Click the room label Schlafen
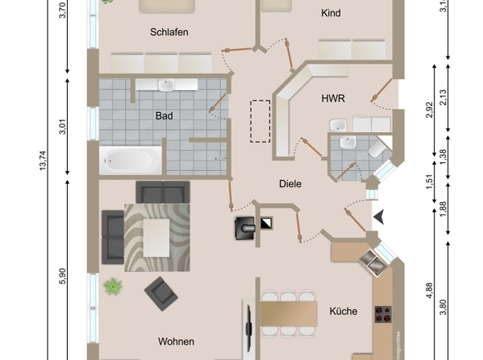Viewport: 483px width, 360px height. tap(169, 33)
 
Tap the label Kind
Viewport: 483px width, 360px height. tap(331, 13)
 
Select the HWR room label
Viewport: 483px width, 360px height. tap(333, 98)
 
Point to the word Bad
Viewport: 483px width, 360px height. tap(164, 116)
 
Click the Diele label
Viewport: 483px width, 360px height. tap(290, 184)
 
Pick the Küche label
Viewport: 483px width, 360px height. tap(344, 312)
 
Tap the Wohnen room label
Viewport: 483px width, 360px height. tap(176, 340)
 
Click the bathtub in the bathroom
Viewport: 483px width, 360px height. tap(130, 159)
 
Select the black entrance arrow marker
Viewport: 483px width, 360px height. tap(381, 217)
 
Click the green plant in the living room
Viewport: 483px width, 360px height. tap(112, 286)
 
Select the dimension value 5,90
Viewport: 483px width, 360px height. tap(62, 277)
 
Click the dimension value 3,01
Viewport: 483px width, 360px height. tap(62, 128)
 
